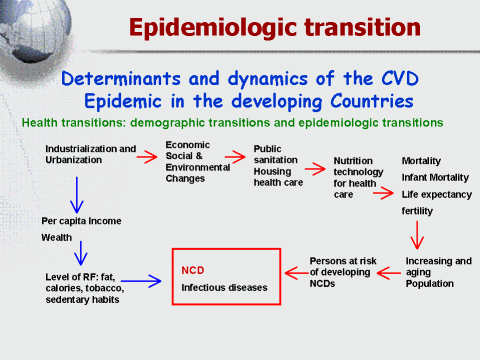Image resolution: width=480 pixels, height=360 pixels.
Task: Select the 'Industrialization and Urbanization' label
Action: click(90, 154)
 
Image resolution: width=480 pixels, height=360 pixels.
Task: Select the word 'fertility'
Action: click(417, 212)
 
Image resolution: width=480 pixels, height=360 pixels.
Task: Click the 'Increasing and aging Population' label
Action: click(438, 272)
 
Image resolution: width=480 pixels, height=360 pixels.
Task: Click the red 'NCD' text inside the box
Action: click(192, 270)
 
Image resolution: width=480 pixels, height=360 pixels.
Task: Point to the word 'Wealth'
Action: click(56, 238)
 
